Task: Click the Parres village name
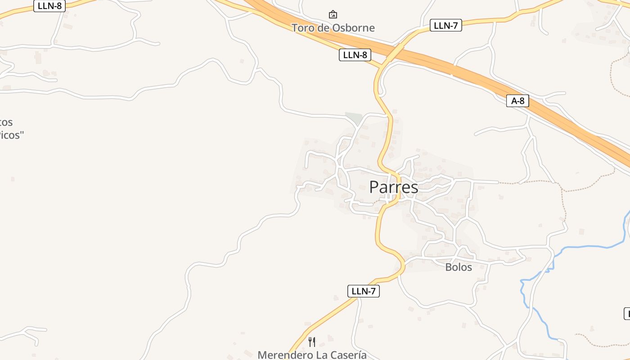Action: click(393, 187)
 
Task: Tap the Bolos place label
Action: click(459, 267)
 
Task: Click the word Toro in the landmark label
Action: click(302, 28)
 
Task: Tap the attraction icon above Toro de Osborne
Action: click(333, 14)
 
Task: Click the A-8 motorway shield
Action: click(517, 101)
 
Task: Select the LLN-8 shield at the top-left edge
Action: click(49, 6)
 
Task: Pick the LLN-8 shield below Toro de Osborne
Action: click(355, 55)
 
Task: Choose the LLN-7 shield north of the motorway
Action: click(445, 25)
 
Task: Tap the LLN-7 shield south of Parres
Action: click(363, 291)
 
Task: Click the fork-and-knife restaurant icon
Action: click(312, 342)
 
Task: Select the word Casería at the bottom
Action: click(348, 355)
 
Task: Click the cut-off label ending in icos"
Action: click(11, 135)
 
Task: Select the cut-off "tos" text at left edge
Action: click(6, 122)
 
